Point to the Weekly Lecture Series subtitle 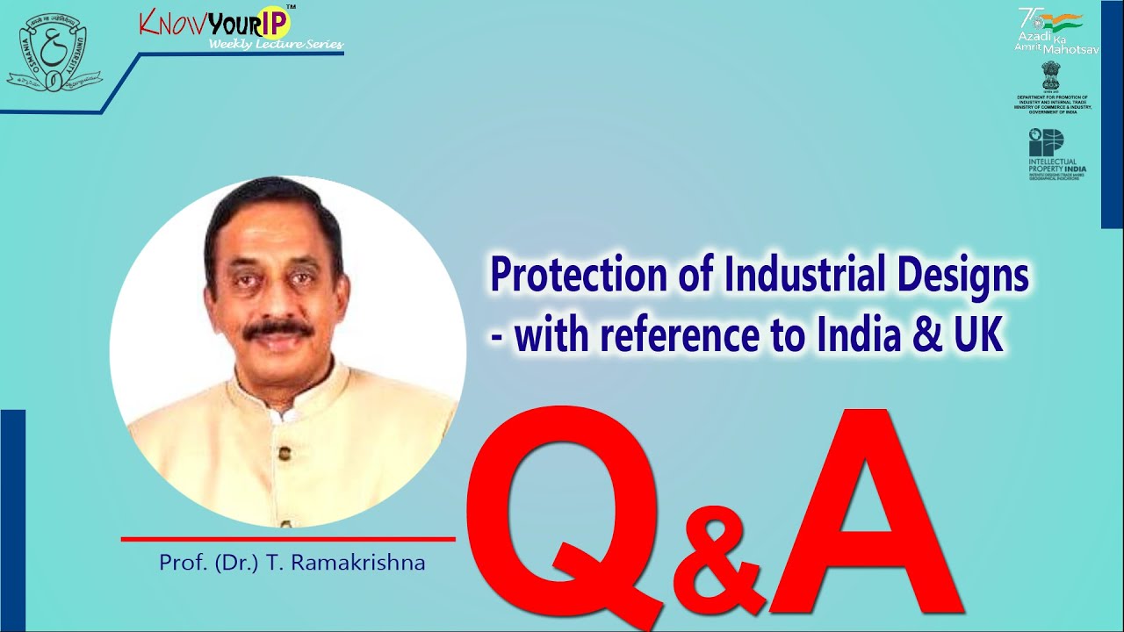pyautogui.click(x=276, y=45)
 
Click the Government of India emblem pyautogui.click(x=1050, y=75)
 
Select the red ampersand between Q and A pyautogui.click(x=718, y=562)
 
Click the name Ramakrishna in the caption pyautogui.click(x=368, y=563)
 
